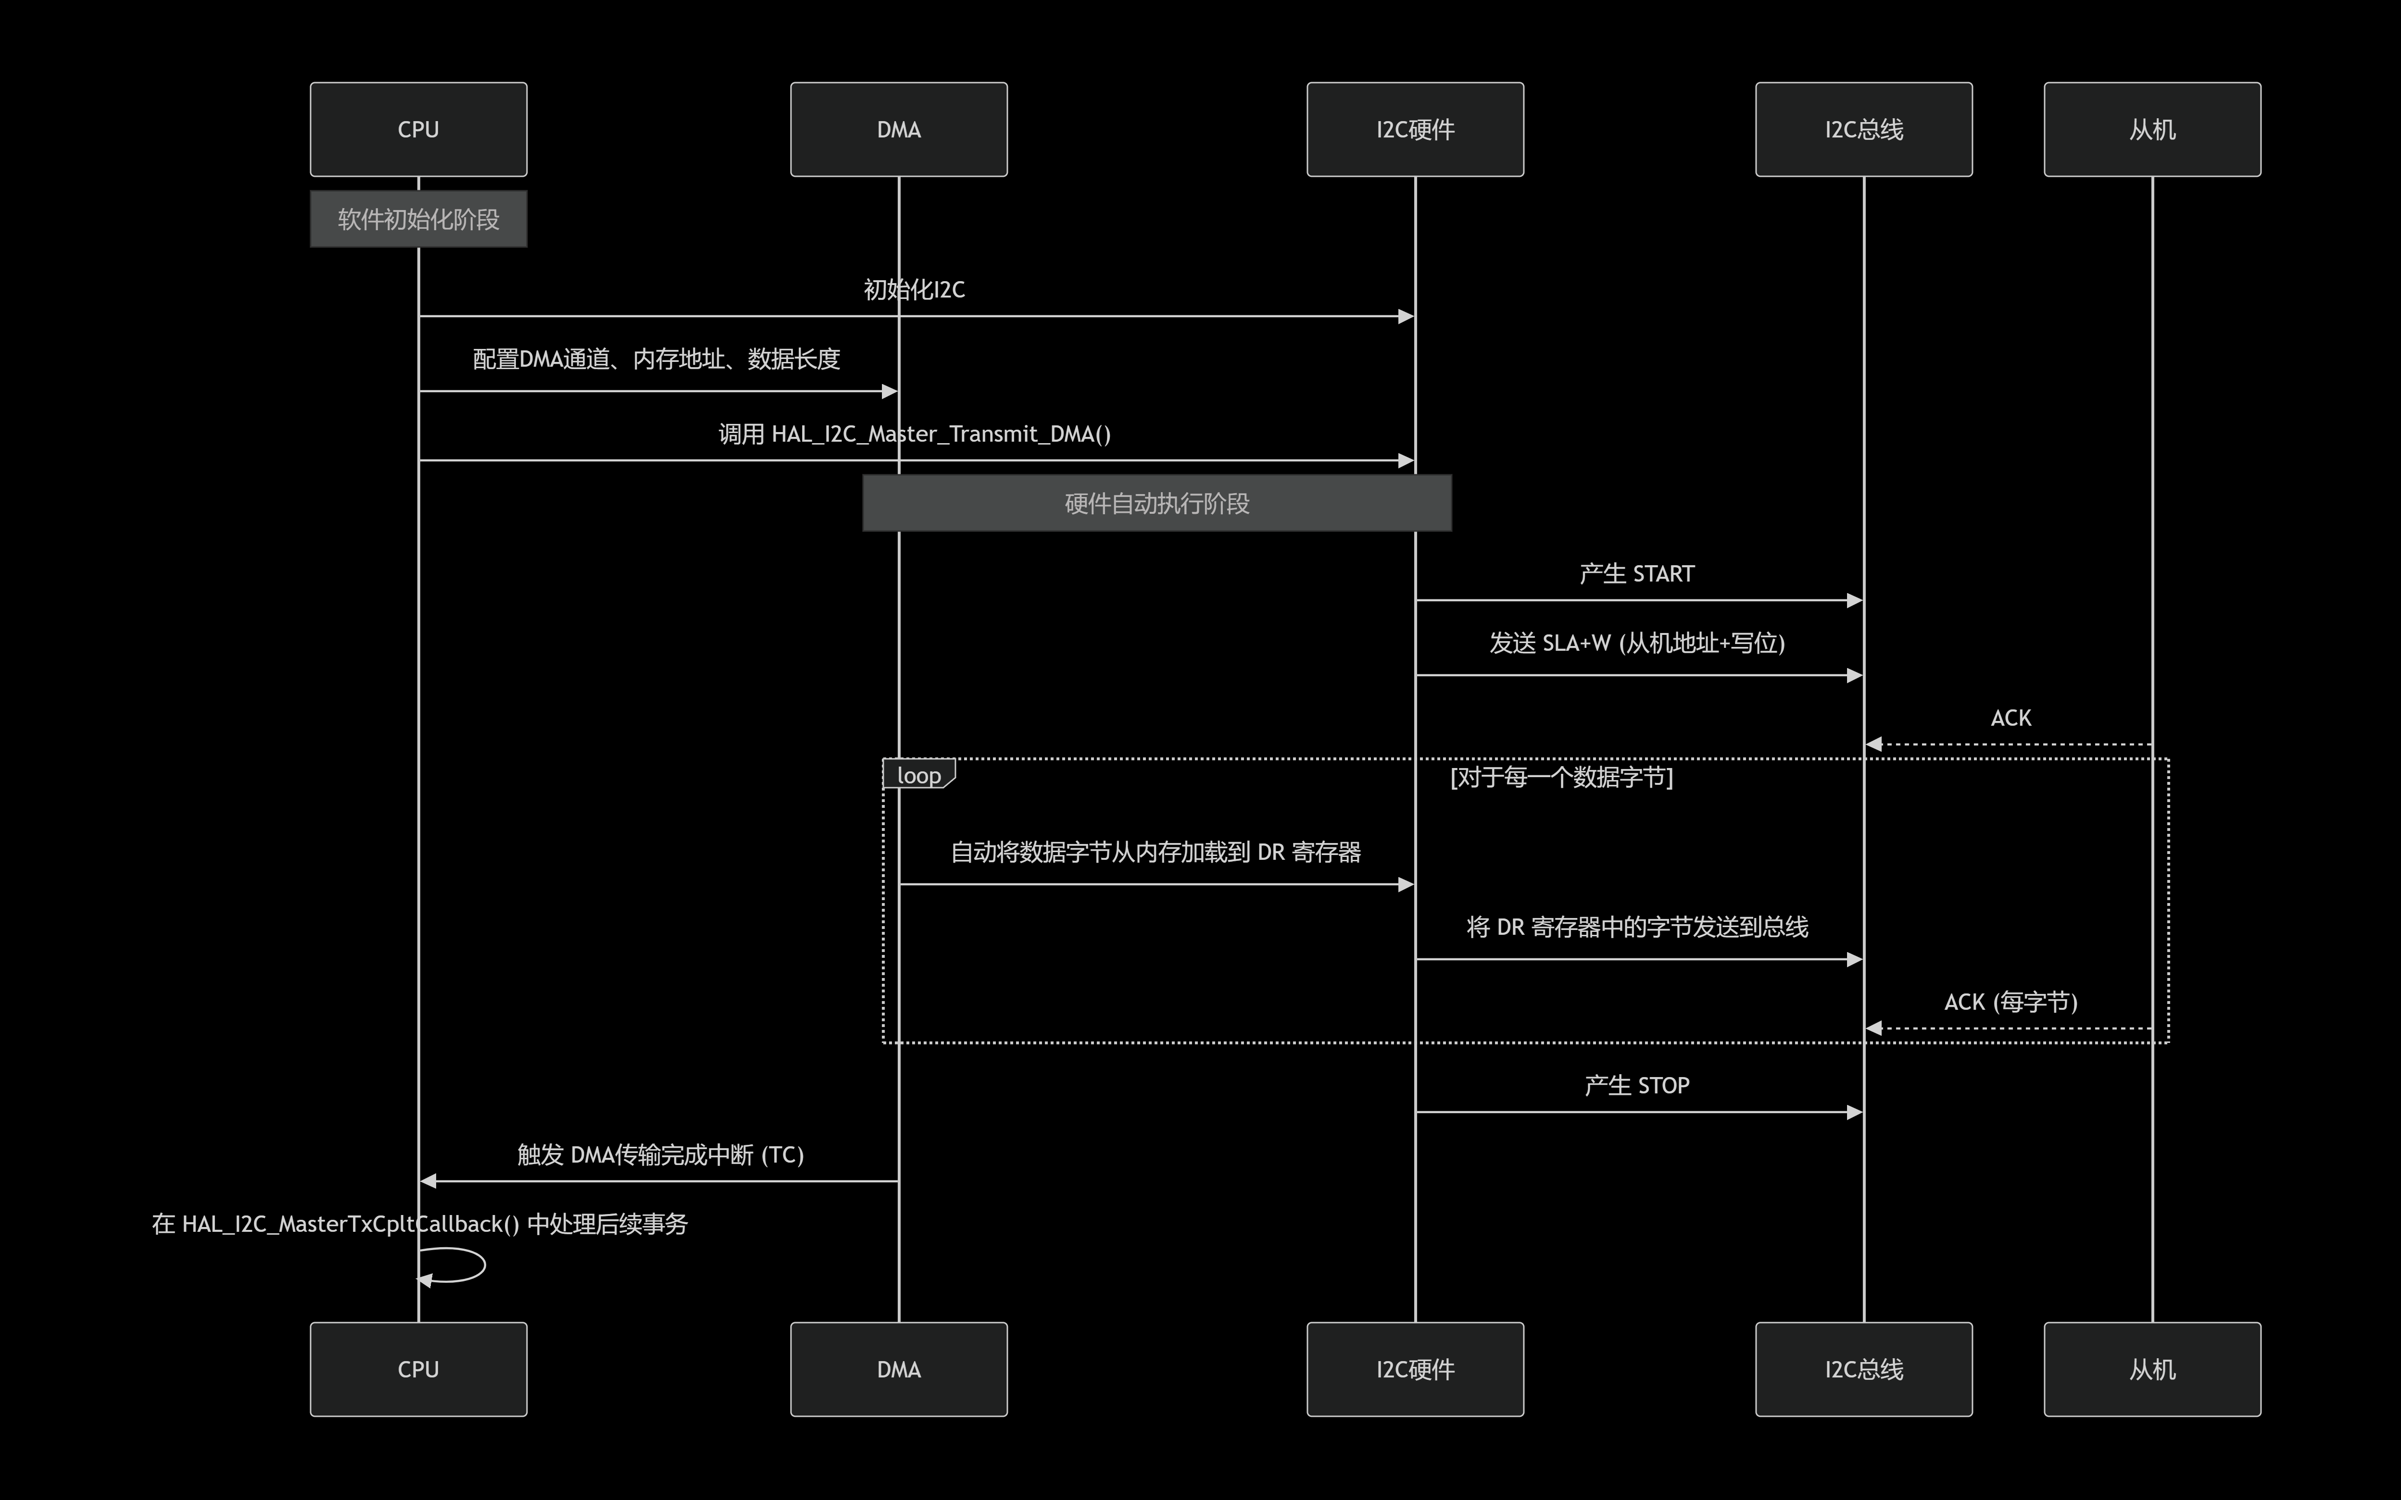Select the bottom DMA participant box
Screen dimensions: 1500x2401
pyautogui.click(x=898, y=1369)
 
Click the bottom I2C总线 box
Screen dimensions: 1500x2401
pyautogui.click(x=1863, y=1369)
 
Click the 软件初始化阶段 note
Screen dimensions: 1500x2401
pyautogui.click(x=418, y=219)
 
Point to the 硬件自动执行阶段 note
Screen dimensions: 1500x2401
pyautogui.click(x=1157, y=503)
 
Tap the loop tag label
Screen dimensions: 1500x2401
pyautogui.click(x=918, y=775)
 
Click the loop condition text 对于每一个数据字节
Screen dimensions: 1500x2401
pyautogui.click(x=1561, y=777)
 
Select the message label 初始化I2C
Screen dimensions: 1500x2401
pyautogui.click(x=913, y=290)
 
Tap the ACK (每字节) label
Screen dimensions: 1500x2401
pyautogui.click(x=2010, y=1002)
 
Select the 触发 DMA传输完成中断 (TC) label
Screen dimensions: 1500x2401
pyautogui.click(x=660, y=1155)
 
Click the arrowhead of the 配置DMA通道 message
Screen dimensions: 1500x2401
pyautogui.click(x=890, y=392)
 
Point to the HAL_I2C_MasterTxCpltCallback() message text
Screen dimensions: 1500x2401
pyautogui.click(x=419, y=1224)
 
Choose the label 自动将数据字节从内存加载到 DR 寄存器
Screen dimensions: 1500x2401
pyautogui.click(x=1156, y=852)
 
